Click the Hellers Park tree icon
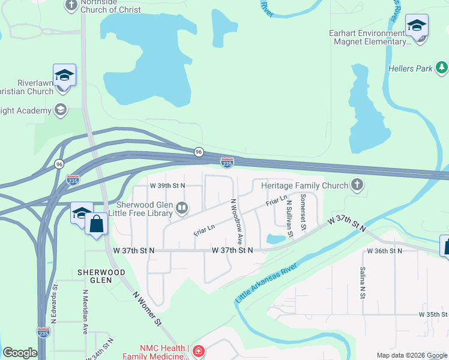point(442,68)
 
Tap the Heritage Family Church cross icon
point(358,185)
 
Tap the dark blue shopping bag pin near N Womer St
point(96,224)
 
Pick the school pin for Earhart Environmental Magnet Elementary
point(417,26)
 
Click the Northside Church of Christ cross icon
point(71,5)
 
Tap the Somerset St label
point(304,212)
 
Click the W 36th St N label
point(384,250)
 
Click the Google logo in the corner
point(20,353)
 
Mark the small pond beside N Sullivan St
point(276,239)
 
